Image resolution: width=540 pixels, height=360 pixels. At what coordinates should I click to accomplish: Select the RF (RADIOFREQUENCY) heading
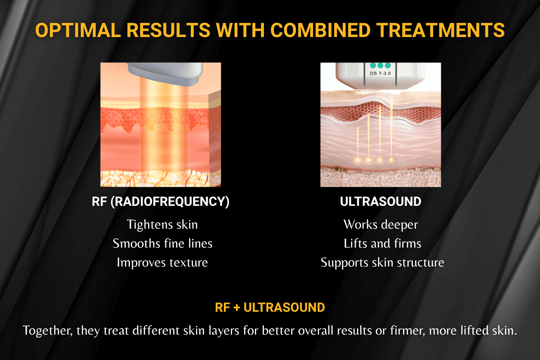(x=160, y=202)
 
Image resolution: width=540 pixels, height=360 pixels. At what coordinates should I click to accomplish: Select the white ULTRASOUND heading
(x=381, y=202)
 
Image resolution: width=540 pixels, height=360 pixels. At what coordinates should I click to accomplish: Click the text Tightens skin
(x=162, y=224)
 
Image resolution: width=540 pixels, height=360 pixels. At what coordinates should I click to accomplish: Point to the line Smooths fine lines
(x=162, y=243)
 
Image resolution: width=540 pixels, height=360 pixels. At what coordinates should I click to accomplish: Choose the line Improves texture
(x=162, y=262)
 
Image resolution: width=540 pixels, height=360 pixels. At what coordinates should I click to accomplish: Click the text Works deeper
(x=381, y=224)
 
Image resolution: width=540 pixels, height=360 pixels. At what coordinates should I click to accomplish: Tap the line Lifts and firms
(x=382, y=243)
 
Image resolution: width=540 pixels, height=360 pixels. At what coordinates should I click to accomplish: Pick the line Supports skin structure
(x=382, y=262)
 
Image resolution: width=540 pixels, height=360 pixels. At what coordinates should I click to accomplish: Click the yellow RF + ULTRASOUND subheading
(x=270, y=307)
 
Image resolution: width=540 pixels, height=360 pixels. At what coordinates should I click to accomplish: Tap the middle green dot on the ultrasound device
(x=380, y=65)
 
